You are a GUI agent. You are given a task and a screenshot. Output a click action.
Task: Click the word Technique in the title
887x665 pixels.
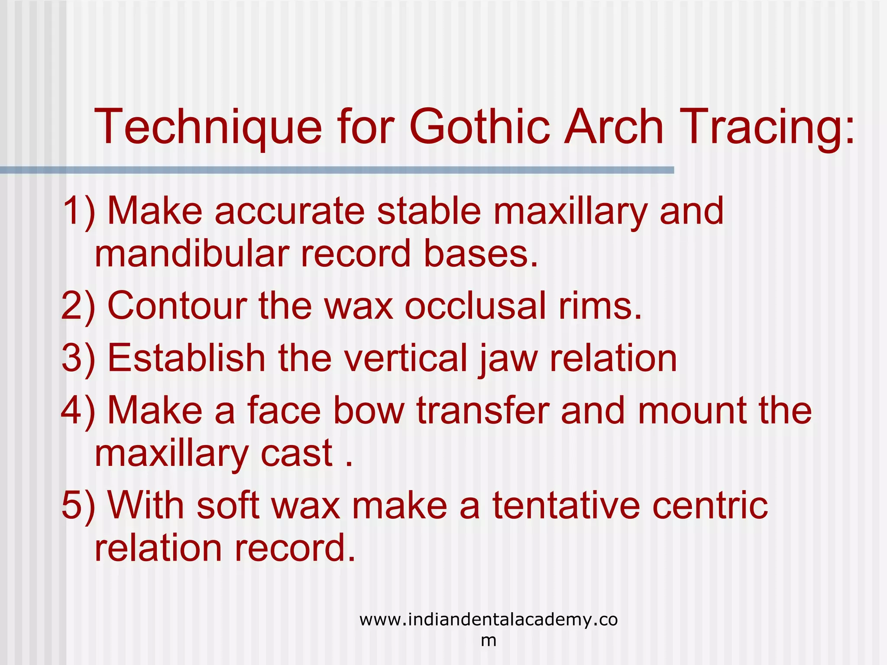point(208,127)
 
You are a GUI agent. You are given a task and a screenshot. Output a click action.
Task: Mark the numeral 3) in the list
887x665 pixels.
point(78,358)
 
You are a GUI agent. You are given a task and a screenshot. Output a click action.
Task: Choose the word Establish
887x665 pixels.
point(186,358)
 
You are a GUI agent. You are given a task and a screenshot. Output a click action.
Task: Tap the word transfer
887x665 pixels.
point(483,410)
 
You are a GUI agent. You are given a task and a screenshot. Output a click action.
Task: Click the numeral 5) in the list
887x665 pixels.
point(78,506)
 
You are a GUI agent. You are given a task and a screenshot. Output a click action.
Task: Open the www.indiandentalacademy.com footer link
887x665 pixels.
point(488,620)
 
